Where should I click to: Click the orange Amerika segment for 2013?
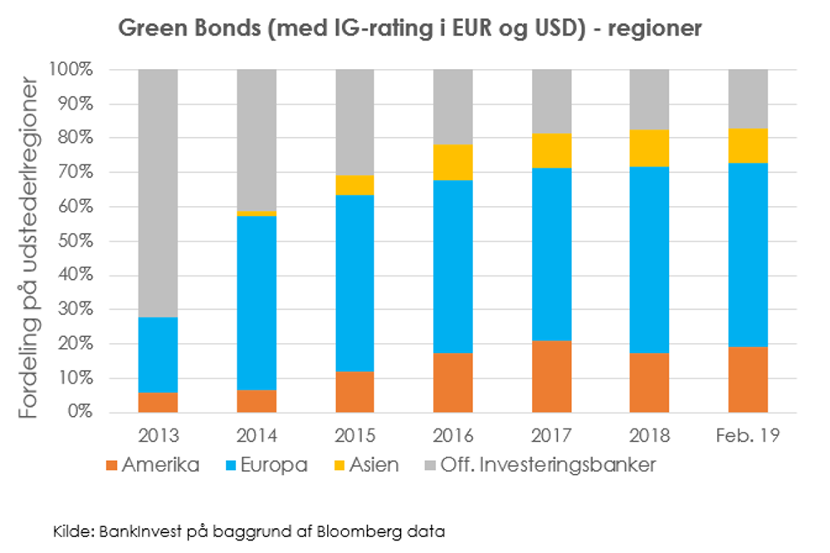(x=158, y=403)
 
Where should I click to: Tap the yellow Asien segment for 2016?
(x=453, y=162)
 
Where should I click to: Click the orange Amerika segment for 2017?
(x=551, y=376)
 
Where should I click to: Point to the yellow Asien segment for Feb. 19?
(x=748, y=145)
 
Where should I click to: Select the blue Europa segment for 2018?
(x=649, y=260)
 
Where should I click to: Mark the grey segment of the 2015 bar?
(x=354, y=122)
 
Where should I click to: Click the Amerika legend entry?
(x=153, y=465)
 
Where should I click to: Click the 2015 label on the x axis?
(x=354, y=435)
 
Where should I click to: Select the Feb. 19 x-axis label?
(x=748, y=435)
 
